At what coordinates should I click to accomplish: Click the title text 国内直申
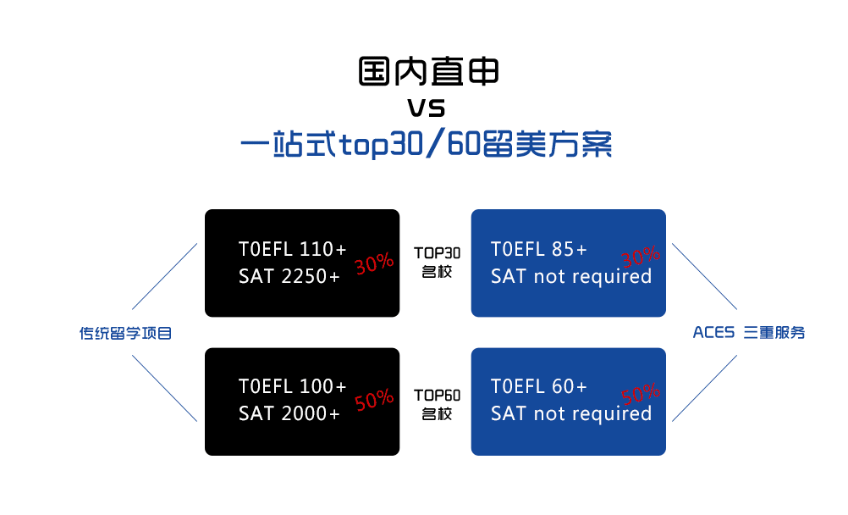tap(428, 71)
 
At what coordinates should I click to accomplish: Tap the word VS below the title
tap(427, 108)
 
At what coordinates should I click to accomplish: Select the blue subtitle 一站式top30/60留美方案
tap(427, 144)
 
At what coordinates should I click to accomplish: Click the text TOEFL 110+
tap(292, 249)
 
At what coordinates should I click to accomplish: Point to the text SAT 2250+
tap(289, 277)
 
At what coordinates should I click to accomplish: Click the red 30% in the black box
tap(374, 263)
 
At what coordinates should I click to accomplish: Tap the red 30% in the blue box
tap(641, 256)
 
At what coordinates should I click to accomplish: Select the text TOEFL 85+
tap(538, 249)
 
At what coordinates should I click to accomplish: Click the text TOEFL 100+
tap(292, 386)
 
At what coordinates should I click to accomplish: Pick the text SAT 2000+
tap(289, 413)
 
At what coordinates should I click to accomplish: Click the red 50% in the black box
tap(374, 400)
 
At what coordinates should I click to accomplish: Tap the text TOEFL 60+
tap(538, 386)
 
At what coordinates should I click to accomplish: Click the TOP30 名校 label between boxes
tap(437, 263)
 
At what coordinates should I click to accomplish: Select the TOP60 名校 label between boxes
tap(437, 405)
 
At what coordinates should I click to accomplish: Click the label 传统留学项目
tap(125, 333)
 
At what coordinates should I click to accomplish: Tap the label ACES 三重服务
tap(749, 333)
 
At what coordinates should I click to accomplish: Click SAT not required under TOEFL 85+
tap(571, 277)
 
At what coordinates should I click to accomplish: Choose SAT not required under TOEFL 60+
tap(571, 413)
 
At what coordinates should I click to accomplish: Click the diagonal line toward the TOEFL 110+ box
tap(164, 276)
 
